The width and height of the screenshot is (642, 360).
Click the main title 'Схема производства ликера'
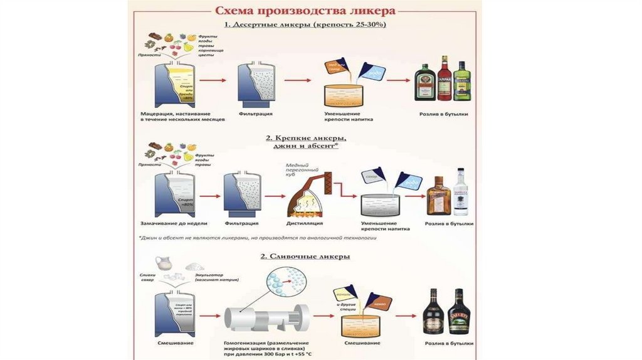305,11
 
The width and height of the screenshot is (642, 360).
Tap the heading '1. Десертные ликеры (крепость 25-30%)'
306,24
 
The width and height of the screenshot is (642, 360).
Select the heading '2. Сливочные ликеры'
306,257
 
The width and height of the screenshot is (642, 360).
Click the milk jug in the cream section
164,263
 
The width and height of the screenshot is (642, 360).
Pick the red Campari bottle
445,78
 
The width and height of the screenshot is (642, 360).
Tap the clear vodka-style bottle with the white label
461,192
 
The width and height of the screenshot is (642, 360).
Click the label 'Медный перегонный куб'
302,169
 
